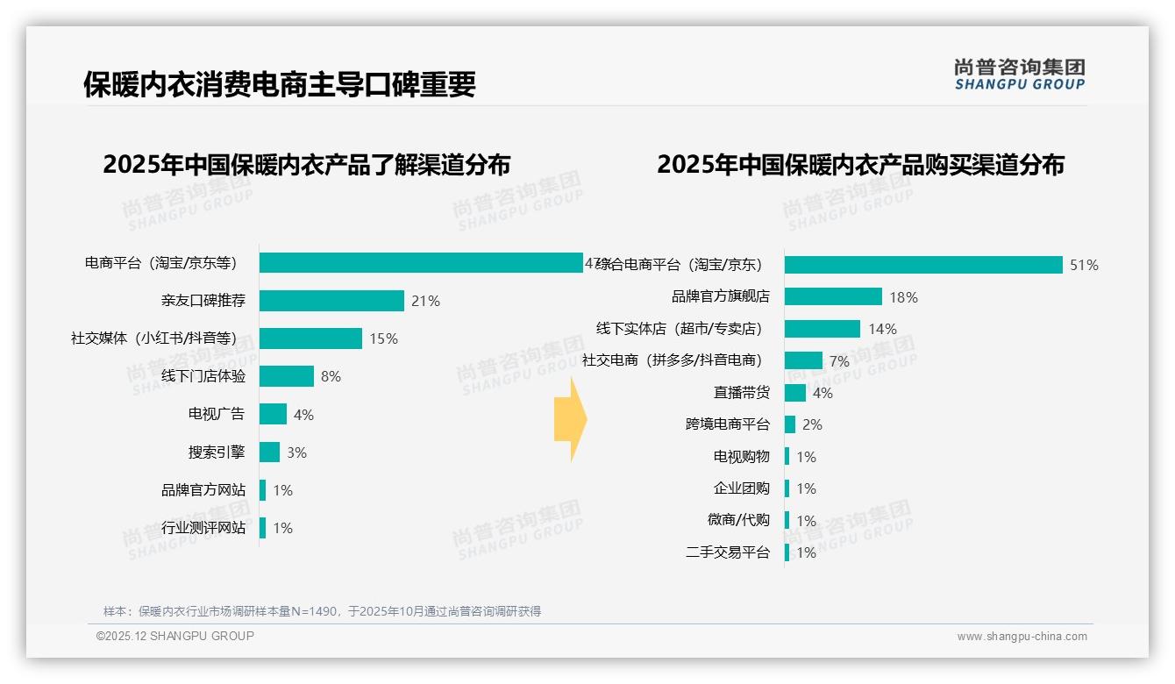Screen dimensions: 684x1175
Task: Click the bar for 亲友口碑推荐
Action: coord(331,301)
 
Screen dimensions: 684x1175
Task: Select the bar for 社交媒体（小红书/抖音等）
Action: coord(310,338)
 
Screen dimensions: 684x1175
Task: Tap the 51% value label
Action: coord(1084,265)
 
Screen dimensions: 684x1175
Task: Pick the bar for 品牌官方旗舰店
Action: coord(833,296)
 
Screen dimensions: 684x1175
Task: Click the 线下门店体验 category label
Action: coord(203,376)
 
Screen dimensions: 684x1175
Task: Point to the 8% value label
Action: coord(331,376)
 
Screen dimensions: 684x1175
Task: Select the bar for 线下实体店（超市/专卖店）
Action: coord(822,329)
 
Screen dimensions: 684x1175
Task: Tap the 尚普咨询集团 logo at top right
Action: coord(1019,74)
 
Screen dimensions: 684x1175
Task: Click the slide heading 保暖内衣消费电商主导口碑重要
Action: coord(280,85)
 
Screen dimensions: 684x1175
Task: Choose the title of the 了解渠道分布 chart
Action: coord(306,165)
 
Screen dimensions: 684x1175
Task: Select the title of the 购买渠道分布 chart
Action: coord(860,165)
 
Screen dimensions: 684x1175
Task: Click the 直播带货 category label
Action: coord(742,393)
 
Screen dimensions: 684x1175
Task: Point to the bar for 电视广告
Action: coord(273,414)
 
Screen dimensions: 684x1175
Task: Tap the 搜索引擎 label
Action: coord(217,452)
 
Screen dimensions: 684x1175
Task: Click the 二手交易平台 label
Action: coord(728,552)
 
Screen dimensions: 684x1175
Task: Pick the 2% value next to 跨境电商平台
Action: coord(812,424)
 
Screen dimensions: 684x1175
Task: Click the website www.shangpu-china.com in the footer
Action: coord(1022,637)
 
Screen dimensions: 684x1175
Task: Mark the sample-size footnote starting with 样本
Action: coord(322,611)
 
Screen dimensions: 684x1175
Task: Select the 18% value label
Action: coord(903,297)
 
